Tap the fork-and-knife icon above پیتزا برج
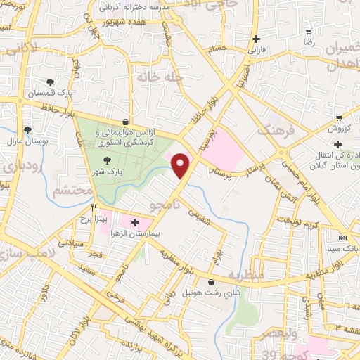[94, 209]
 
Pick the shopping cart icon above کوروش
[339, 118]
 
